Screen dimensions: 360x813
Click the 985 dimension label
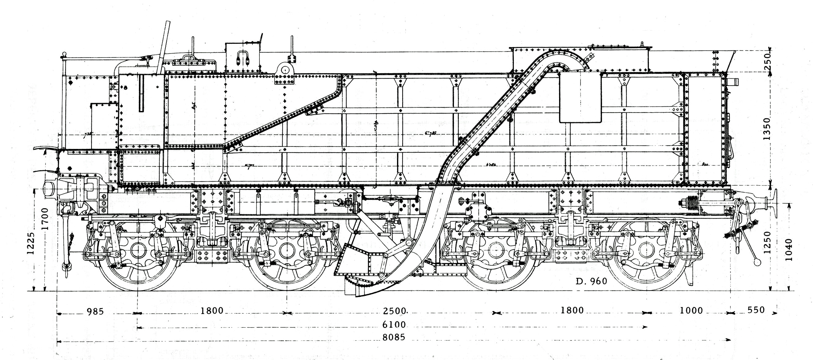tap(95, 312)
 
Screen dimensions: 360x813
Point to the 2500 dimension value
tap(395, 311)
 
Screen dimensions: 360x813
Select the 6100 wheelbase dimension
tap(394, 324)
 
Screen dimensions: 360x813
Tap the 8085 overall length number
tap(394, 337)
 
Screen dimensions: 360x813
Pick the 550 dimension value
tap(756, 310)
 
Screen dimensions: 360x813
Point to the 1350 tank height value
tap(767, 129)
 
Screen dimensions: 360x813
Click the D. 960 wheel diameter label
tap(591, 281)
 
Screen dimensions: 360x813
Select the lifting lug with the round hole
tap(285, 70)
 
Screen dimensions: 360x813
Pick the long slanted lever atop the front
tap(163, 47)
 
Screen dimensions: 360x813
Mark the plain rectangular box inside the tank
tap(580, 97)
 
